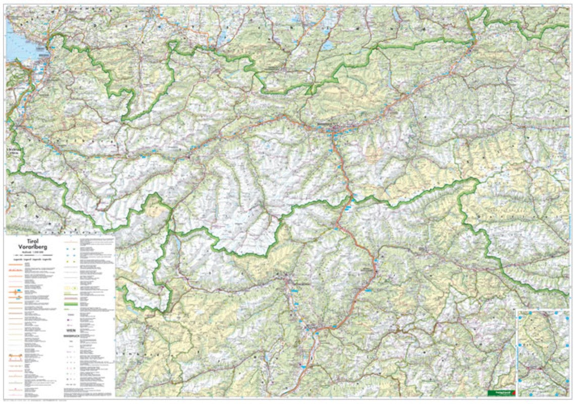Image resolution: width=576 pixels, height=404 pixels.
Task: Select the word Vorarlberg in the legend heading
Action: point(33,247)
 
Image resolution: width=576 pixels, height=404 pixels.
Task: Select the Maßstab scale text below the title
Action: point(33,252)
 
